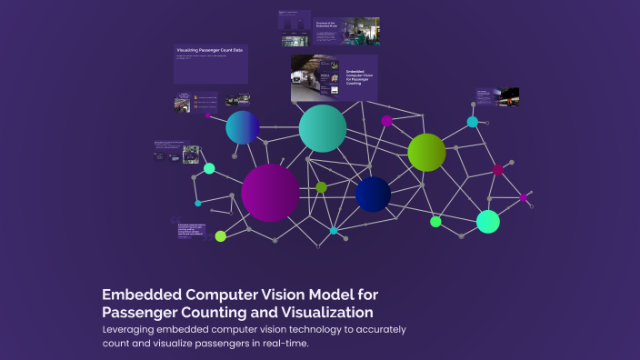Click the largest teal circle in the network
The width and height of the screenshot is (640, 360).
coord(323,128)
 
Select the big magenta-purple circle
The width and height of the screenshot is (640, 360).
coord(270,193)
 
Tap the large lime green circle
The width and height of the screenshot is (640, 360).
coord(426,152)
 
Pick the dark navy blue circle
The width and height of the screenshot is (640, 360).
coord(373,194)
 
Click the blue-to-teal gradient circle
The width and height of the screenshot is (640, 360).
coord(243,127)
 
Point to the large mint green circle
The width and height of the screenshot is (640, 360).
coord(488,221)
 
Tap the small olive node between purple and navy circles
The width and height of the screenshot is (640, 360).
coord(321,186)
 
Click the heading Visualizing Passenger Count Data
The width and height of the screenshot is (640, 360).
coord(210,51)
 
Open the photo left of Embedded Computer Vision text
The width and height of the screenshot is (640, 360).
coord(313,77)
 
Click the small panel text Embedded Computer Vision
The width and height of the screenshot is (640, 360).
coord(359,76)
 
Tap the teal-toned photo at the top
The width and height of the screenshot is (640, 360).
coord(359,32)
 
